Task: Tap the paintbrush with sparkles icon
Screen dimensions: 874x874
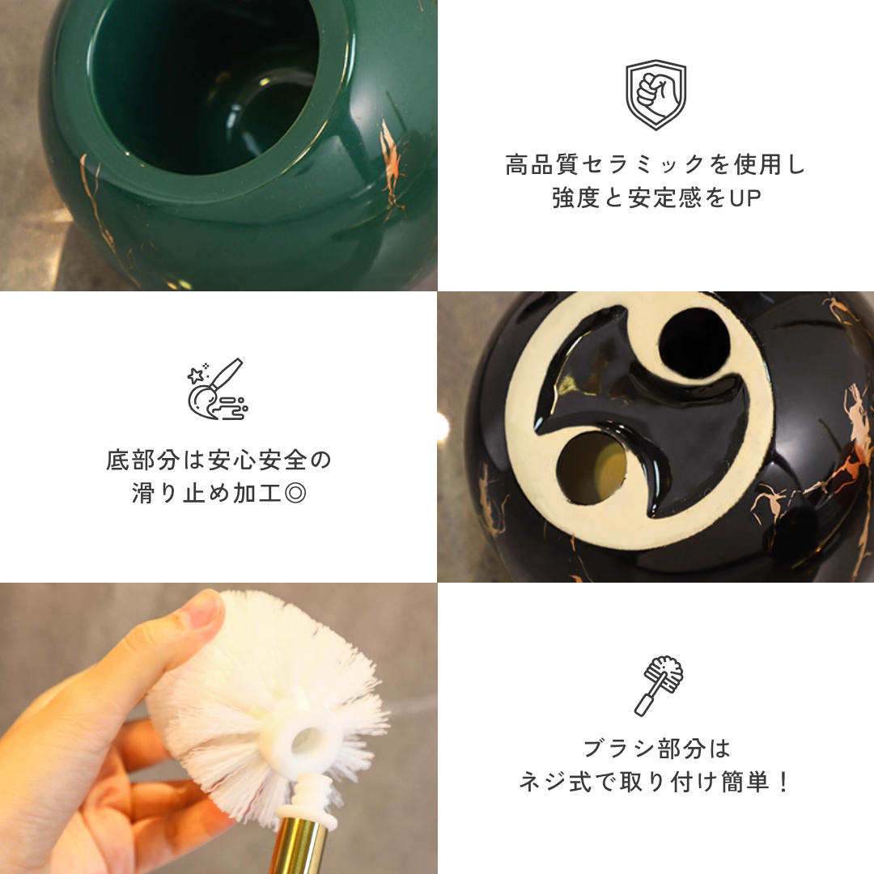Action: pyautogui.click(x=217, y=388)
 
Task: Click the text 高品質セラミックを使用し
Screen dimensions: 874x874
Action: pyautogui.click(x=655, y=166)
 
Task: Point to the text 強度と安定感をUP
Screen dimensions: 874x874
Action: pyautogui.click(x=655, y=198)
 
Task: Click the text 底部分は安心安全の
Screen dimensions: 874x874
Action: pyautogui.click(x=218, y=461)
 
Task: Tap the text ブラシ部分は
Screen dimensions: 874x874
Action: pyautogui.click(x=656, y=749)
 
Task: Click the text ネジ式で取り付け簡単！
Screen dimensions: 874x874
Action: pyautogui.click(x=656, y=783)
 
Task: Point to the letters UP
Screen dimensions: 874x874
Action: pyautogui.click(x=745, y=198)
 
